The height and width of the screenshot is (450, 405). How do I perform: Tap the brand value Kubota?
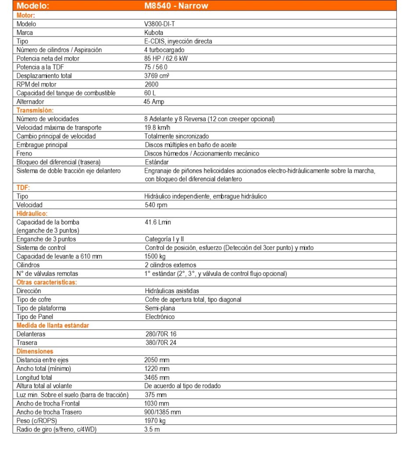[x=153, y=33]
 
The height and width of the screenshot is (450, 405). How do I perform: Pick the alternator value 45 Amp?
[x=155, y=102]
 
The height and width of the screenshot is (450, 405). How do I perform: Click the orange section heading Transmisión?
[x=35, y=110]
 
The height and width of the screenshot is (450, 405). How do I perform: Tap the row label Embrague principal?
[x=42, y=145]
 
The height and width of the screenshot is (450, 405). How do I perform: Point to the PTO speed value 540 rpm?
[x=156, y=205]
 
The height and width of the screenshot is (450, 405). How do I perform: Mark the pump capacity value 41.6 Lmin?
[x=158, y=222]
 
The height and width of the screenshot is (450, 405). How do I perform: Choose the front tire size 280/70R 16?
[x=161, y=334]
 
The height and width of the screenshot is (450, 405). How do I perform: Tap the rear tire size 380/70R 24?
[x=161, y=342]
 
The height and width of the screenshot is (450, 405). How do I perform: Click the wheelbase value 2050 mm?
[x=157, y=360]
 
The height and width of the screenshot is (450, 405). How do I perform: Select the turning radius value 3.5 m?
[x=152, y=429]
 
